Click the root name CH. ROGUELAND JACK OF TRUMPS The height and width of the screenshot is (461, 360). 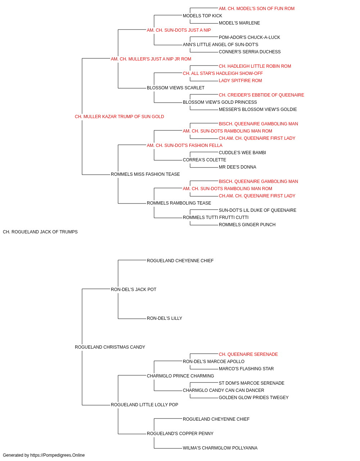coord(40,232)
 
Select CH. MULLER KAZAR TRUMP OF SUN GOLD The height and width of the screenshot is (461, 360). coord(120,117)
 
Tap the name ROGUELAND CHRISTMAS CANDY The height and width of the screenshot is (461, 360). coord(110,347)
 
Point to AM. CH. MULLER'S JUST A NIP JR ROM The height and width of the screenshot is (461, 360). coord(151,59)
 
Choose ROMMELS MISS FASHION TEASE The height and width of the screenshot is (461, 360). coord(145,174)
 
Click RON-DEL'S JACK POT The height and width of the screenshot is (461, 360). coord(134,289)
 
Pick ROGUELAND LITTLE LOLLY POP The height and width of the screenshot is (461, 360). coord(144,405)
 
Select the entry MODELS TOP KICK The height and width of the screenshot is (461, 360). coord(202,16)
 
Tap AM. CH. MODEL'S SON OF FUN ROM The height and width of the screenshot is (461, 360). coord(257,9)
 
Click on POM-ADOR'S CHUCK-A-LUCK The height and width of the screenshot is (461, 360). coord(249,37)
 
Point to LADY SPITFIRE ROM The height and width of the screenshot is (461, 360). coord(240,81)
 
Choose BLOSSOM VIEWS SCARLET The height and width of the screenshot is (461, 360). coord(176,88)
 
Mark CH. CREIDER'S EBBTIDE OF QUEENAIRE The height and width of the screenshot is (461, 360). coord(261,95)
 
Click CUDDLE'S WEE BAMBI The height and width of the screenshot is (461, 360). coord(242,153)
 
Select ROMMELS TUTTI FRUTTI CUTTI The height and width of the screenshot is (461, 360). coord(216,218)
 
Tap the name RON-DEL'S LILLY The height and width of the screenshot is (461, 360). coord(165,318)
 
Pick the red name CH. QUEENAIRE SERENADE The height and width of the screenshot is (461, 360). coord(248,354)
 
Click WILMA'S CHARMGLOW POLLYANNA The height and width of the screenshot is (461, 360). coord(220,448)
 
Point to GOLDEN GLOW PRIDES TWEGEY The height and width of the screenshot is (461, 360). coord(253,398)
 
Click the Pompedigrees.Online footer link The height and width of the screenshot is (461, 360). coord(58,455)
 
